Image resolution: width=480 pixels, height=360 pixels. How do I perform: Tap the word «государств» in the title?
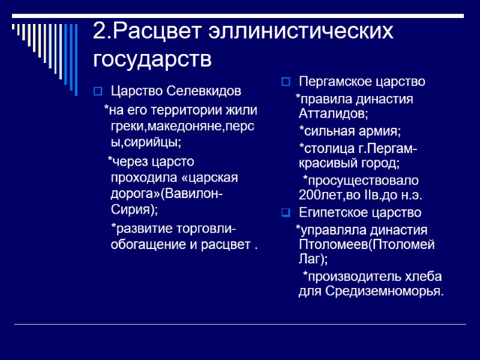point(152,59)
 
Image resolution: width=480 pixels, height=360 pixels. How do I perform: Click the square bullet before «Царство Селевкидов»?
point(98,91)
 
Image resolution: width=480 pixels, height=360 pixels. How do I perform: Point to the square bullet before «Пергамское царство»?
point(286,82)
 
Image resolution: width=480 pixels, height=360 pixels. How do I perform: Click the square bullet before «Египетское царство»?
point(286,212)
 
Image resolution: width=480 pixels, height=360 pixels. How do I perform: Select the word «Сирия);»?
point(134,209)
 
